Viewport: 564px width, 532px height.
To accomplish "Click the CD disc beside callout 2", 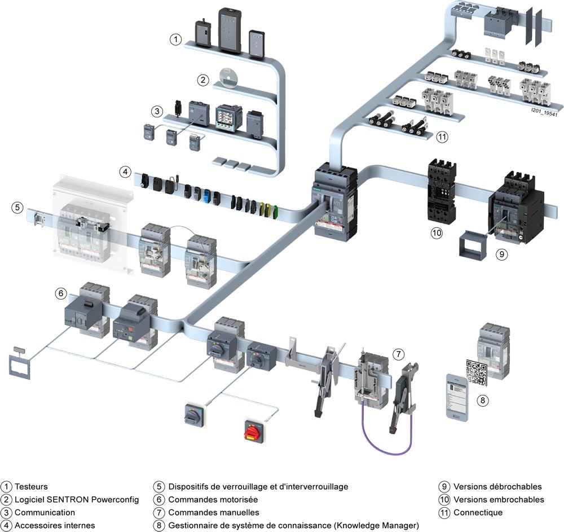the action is (x=228, y=77).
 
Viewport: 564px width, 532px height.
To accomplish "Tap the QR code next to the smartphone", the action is (x=477, y=373).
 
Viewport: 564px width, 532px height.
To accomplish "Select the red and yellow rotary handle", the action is (x=255, y=430).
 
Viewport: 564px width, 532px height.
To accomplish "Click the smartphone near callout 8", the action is (x=457, y=397).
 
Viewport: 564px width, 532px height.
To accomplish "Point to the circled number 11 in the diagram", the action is (x=442, y=137).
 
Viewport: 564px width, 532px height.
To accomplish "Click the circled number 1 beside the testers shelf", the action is (x=175, y=39).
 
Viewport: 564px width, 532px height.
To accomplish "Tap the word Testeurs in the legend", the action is (x=31, y=487).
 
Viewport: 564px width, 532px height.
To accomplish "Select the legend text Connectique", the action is (x=478, y=513).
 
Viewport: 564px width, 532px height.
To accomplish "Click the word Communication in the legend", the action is (x=45, y=513).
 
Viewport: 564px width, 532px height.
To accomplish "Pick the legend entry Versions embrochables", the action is (x=499, y=500).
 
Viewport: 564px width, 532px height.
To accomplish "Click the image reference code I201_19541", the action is (x=544, y=113).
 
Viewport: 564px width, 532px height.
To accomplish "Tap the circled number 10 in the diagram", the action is (x=437, y=233).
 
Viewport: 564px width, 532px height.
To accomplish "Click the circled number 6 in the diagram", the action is (x=61, y=293).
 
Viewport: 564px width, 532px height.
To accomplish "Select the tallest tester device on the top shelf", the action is (x=230, y=31).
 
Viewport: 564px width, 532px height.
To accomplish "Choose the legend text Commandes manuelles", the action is (x=214, y=513).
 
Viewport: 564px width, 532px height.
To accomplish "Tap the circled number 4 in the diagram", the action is (x=125, y=172).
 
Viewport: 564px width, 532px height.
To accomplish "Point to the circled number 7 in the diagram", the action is (x=398, y=354).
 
